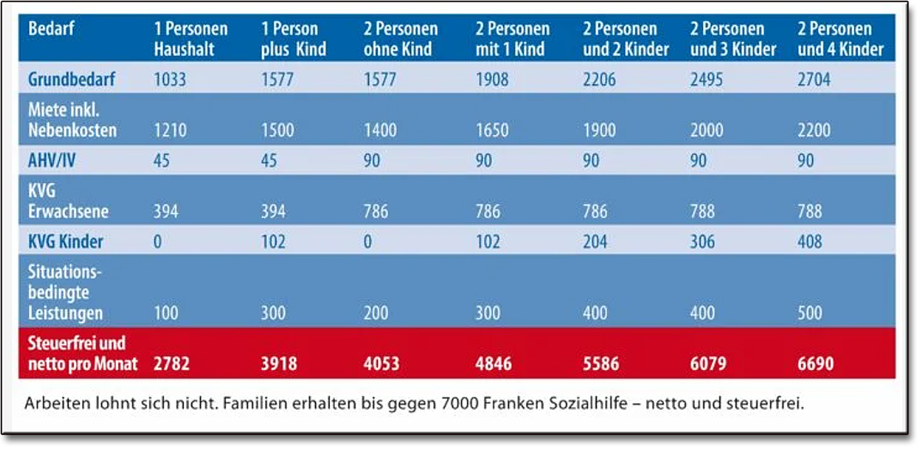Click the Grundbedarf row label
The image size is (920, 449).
click(x=66, y=79)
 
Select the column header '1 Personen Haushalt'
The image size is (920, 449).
click(x=191, y=39)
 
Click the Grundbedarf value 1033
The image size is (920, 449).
click(x=169, y=80)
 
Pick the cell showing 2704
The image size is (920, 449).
click(x=813, y=80)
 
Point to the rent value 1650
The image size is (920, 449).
click(x=491, y=130)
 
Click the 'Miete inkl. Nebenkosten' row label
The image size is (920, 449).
click(x=72, y=120)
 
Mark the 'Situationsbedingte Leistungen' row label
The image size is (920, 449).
click(x=65, y=293)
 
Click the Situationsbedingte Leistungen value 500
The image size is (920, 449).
click(x=810, y=313)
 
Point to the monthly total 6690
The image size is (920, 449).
click(x=816, y=362)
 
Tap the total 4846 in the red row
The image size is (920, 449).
click(x=495, y=362)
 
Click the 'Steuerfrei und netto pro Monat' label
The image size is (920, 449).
click(x=83, y=353)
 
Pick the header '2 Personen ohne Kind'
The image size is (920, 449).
click(x=401, y=39)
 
